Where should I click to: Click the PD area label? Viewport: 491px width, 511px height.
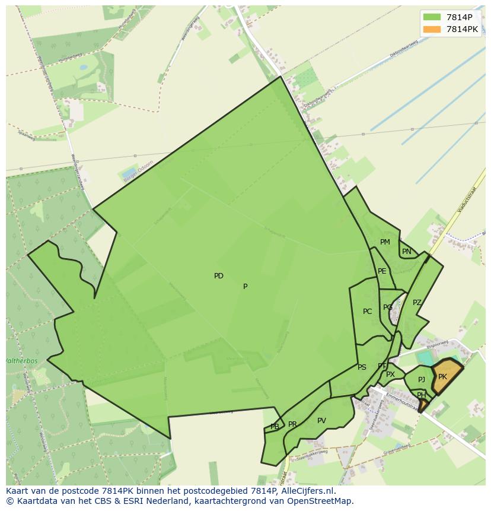coord(219,276)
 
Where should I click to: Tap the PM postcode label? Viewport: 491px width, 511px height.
coord(385,242)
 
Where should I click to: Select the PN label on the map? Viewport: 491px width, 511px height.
coord(406,252)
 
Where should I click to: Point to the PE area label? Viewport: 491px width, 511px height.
coord(382,271)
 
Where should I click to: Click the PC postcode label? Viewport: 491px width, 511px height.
coord(367,312)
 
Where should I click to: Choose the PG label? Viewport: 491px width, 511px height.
coord(387,307)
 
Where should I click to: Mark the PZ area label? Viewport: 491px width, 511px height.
coord(417,303)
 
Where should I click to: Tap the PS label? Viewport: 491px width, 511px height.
coord(362,367)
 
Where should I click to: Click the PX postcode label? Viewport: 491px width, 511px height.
coord(390,374)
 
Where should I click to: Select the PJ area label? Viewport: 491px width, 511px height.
coord(421,380)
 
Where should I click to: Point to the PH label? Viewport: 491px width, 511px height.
coord(421,395)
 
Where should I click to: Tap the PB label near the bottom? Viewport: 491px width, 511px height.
coord(275,427)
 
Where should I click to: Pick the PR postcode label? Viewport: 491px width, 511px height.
coord(292,424)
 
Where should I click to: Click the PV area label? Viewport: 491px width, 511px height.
coord(321,421)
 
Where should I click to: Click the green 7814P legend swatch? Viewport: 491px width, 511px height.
coord(432,17)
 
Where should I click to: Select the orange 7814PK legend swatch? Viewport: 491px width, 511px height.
coord(432,29)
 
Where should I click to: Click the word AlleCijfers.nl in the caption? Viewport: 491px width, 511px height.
coord(307,491)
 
